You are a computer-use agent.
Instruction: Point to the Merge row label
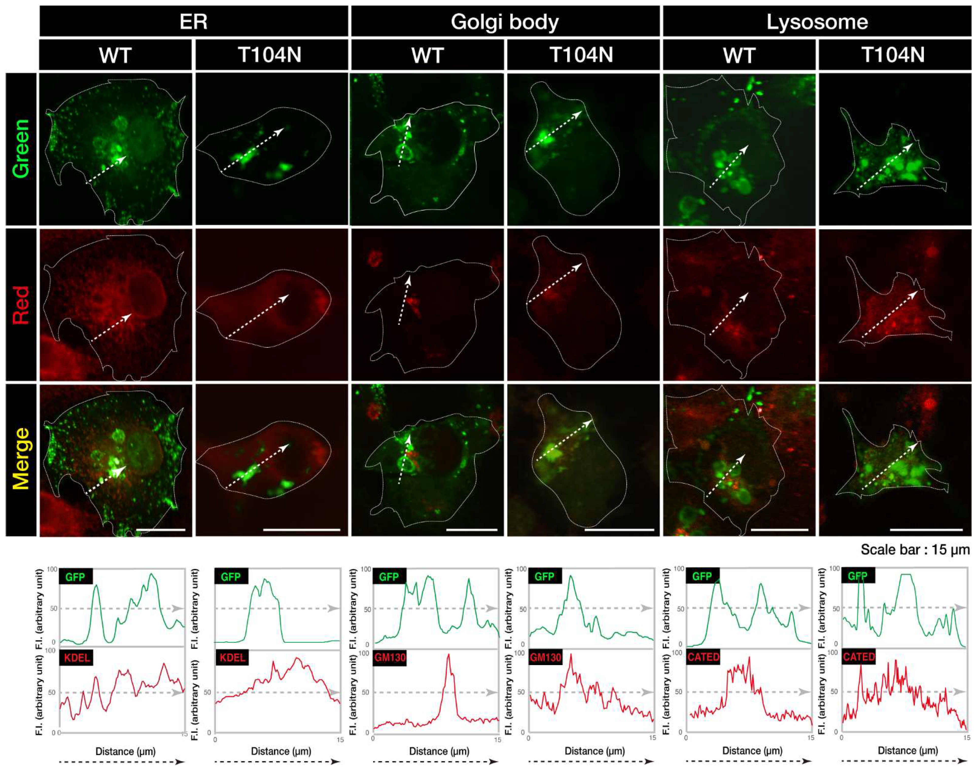tap(21, 459)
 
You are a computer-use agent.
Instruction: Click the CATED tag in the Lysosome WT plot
tap(703, 657)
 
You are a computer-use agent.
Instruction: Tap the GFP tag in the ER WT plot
tap(75, 577)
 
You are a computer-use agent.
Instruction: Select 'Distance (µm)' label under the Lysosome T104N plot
tap(907, 751)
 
